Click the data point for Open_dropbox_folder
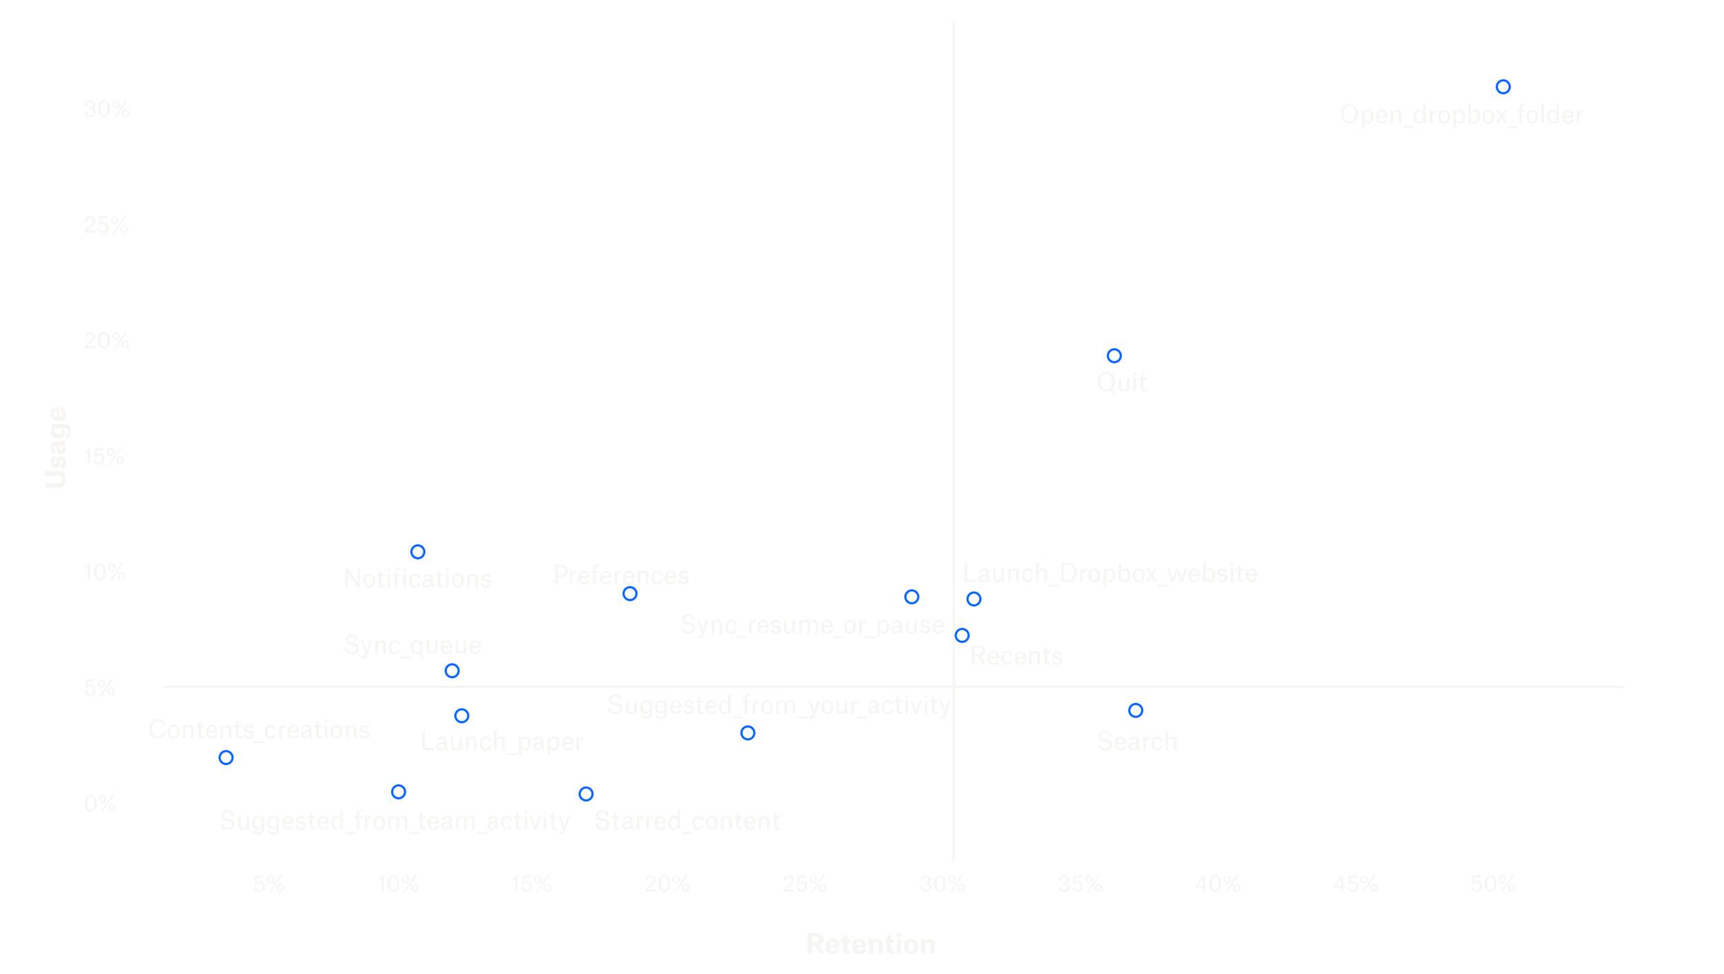pyautogui.click(x=1503, y=87)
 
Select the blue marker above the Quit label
pyautogui.click(x=1114, y=356)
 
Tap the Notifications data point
pyautogui.click(x=418, y=552)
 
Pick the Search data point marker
pyautogui.click(x=1136, y=710)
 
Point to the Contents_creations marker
pyautogui.click(x=226, y=757)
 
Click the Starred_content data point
pyautogui.click(x=586, y=794)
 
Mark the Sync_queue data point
pyautogui.click(x=452, y=670)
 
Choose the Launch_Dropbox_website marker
pyautogui.click(x=974, y=599)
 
